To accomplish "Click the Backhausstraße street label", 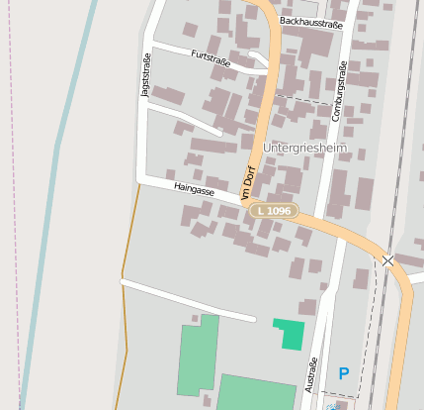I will [310, 21].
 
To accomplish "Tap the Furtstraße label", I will [211, 59].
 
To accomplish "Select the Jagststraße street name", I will [147, 77].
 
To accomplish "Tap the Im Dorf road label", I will [248, 181].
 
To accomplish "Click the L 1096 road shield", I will [272, 211].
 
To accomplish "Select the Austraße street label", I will [311, 374].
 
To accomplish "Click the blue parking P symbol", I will [343, 373].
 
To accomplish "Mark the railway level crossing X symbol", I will [387, 260].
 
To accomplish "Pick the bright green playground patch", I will [290, 334].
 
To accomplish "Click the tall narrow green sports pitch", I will [198, 357].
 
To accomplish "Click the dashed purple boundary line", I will [17, 198].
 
